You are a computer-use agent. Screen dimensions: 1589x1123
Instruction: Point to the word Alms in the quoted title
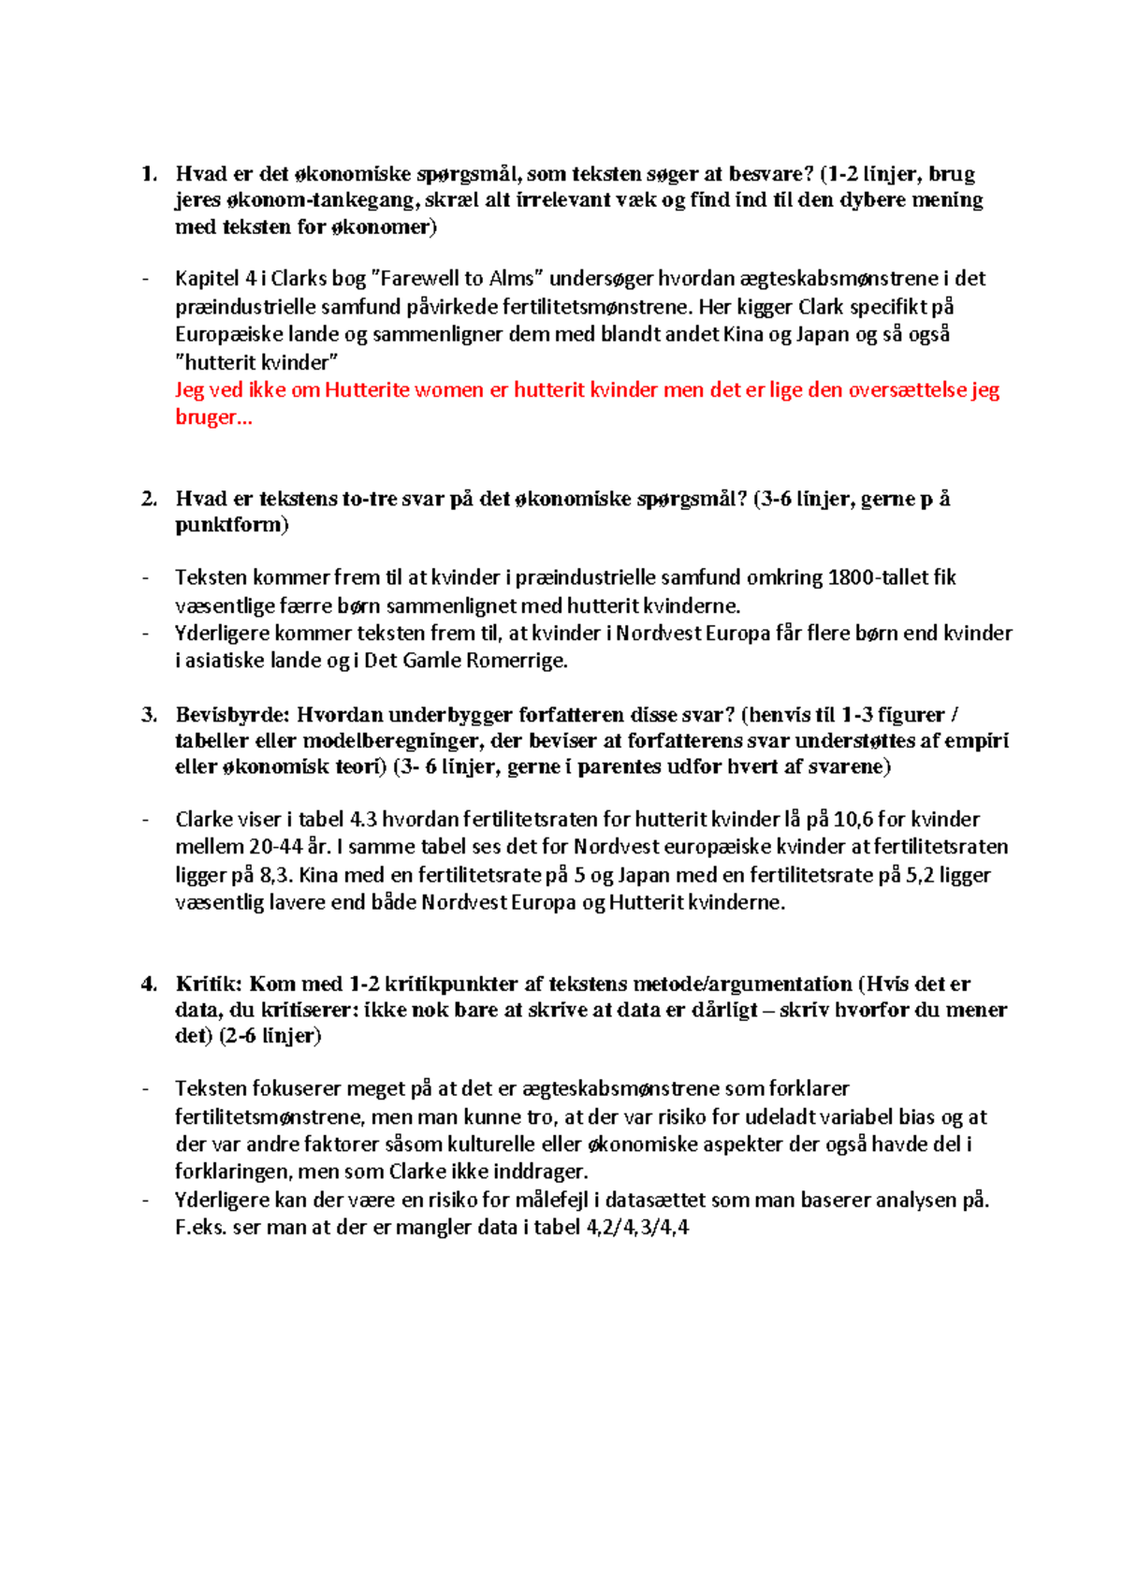click(511, 279)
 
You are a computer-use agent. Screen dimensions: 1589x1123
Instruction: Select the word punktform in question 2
click(229, 525)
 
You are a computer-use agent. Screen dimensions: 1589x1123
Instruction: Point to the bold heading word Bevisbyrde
click(231, 715)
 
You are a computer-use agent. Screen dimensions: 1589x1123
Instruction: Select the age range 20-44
click(275, 848)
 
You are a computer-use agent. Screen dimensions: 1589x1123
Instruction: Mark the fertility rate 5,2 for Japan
click(921, 876)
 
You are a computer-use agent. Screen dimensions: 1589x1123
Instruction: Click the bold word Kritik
click(208, 984)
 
